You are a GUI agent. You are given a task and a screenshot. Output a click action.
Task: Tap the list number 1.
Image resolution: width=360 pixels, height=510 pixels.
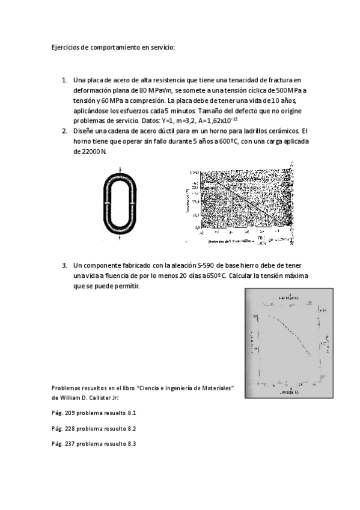(64, 79)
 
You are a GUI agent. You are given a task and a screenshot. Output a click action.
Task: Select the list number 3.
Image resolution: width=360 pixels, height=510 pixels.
(64, 265)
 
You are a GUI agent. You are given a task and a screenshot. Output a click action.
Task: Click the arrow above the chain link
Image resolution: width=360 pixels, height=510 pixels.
(120, 170)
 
